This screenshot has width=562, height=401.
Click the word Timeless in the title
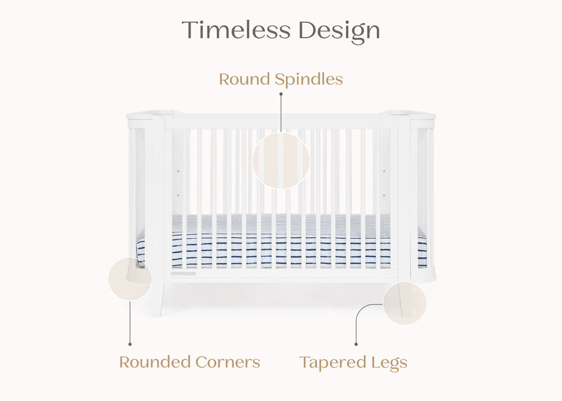coord(236,30)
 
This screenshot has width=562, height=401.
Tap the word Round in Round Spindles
coord(242,80)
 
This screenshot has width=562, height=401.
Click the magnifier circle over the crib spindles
coord(281,161)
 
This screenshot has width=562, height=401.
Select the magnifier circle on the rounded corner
coord(130,279)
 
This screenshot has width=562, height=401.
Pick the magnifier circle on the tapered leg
coord(405,303)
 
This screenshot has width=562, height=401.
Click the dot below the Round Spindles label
coord(281,94)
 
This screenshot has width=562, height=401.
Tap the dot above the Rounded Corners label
coord(130,344)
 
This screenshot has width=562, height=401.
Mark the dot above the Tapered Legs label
coord(356,344)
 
